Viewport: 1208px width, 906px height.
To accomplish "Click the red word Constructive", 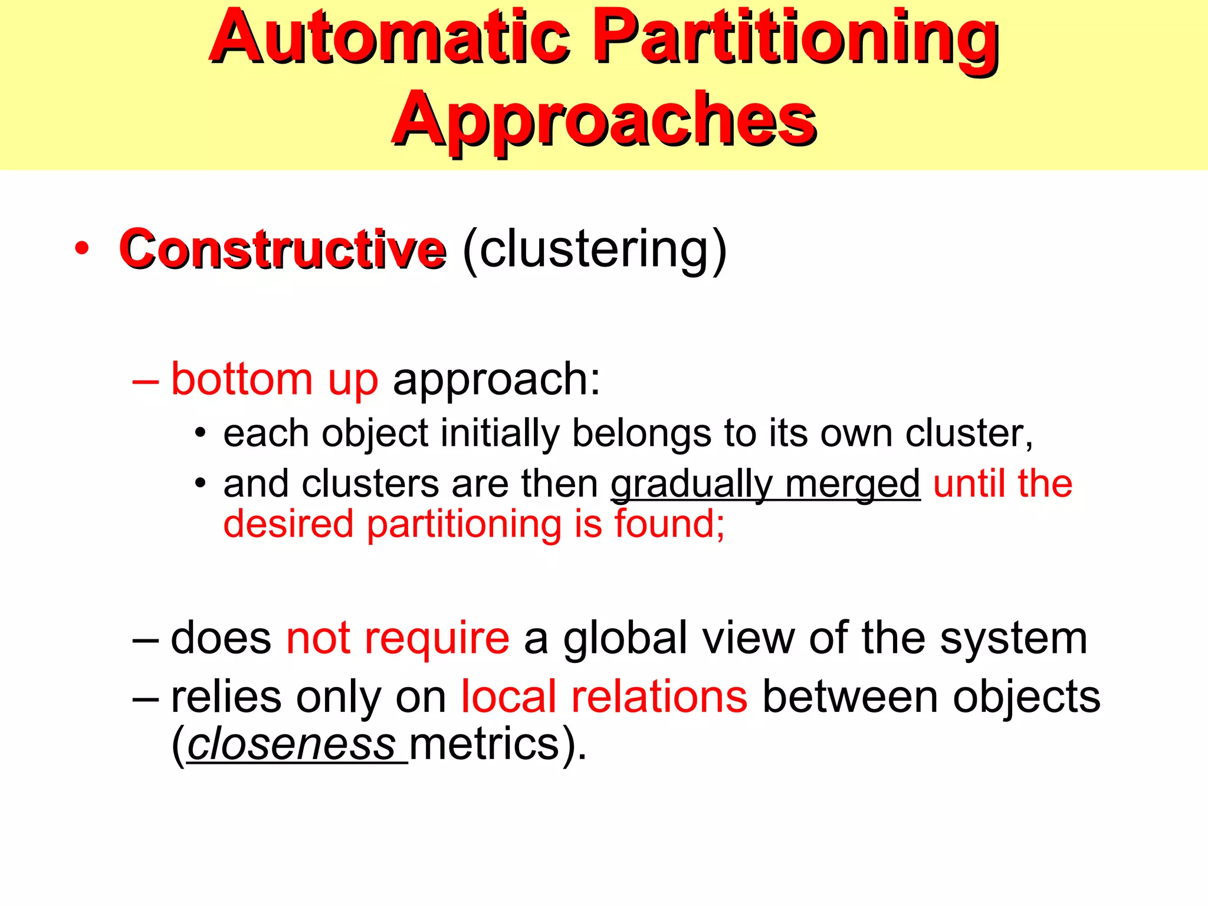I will point(282,250).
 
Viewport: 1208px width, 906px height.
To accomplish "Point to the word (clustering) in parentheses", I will point(595,250).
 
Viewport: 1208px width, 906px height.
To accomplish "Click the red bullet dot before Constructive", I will point(82,248).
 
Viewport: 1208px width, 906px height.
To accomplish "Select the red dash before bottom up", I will point(146,381).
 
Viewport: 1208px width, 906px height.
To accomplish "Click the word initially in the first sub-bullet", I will point(500,434).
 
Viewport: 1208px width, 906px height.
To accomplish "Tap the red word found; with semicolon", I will point(669,524).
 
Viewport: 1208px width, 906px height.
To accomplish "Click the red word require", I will point(436,639).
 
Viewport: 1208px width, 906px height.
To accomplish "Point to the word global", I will point(625,639).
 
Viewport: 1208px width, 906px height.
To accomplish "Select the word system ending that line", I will point(1013,639).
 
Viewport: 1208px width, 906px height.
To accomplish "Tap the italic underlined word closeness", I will point(291,744).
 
